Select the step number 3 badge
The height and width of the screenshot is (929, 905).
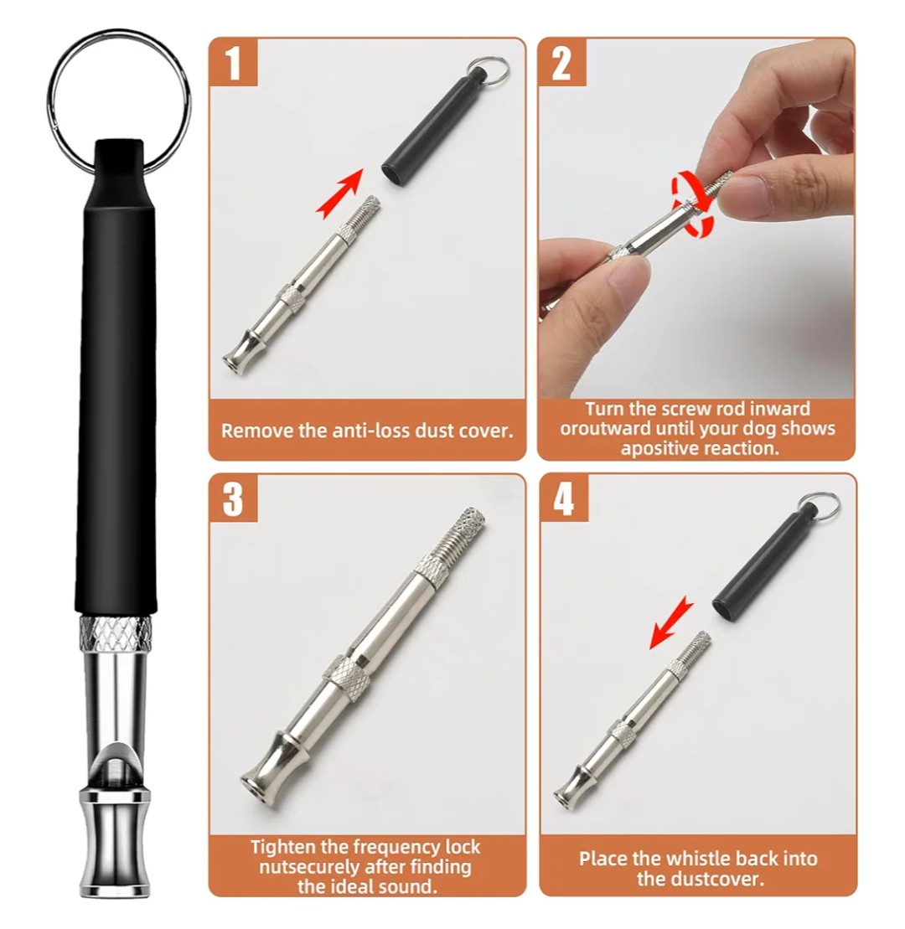tap(233, 498)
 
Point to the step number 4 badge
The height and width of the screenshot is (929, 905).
tap(563, 498)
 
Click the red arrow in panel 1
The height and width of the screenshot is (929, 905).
tap(339, 193)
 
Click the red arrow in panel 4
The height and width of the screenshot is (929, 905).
tap(672, 622)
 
